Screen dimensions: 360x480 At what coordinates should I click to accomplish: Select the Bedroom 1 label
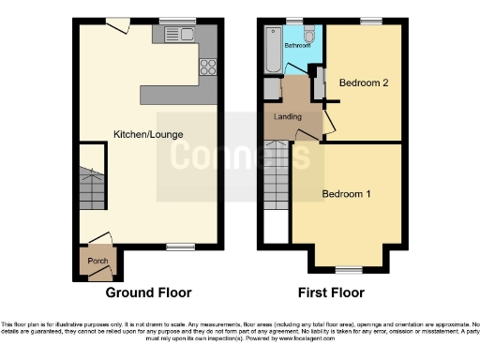point(347,194)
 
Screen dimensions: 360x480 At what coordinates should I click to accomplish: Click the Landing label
point(287,117)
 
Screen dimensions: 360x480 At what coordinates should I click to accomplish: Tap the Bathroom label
point(298,44)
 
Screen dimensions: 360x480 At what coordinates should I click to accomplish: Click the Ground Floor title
point(143,292)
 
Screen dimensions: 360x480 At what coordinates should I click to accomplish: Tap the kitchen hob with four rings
point(207,67)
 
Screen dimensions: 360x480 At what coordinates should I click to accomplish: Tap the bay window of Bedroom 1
point(347,268)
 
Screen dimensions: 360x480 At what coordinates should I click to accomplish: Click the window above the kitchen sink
point(172,22)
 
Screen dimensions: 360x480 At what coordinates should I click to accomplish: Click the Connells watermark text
point(239,155)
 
